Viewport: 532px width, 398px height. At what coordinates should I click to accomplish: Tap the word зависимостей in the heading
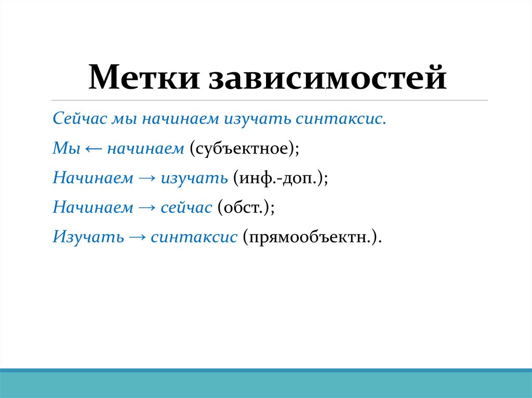coord(327,78)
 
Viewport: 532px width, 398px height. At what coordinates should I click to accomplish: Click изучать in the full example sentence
coord(257,119)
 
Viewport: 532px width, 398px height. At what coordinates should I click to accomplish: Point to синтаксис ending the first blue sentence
coord(341,119)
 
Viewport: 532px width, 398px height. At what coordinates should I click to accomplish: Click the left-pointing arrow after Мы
coord(94,149)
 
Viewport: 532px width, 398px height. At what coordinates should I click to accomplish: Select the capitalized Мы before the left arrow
coord(66,148)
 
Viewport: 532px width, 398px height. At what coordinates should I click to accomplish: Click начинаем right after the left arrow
coord(145,148)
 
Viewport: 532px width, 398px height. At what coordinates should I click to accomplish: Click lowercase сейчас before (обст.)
coord(186,208)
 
